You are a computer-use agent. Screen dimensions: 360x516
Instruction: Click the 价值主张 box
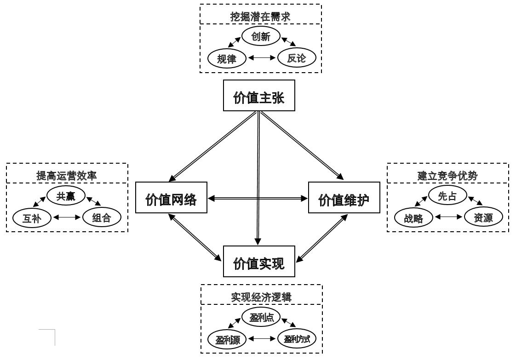[x=259, y=96]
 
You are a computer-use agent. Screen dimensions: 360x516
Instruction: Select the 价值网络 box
[x=171, y=198]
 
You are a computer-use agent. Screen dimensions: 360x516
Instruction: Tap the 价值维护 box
[x=344, y=198]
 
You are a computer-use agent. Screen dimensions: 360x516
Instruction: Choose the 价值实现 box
[x=259, y=261]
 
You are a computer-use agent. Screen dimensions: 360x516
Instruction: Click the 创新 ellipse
[x=261, y=36]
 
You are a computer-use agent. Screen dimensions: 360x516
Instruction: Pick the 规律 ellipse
[x=227, y=58]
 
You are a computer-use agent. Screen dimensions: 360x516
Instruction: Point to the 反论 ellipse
[x=297, y=58]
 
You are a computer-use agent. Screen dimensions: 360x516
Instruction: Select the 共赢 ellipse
[x=66, y=195]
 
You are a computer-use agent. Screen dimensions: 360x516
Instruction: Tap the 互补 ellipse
[x=32, y=218]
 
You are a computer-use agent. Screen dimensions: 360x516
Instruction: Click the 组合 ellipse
[x=102, y=217]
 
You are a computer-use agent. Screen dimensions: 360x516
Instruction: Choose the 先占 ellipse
[x=447, y=195]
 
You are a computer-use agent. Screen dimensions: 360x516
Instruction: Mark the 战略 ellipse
[x=414, y=218]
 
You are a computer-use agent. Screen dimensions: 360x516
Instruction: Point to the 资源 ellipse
[x=483, y=217]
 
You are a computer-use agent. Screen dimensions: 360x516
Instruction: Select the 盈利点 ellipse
[x=261, y=317]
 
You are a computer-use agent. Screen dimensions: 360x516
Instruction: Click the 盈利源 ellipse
[x=227, y=339]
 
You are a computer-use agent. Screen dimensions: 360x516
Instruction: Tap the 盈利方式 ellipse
[x=297, y=339]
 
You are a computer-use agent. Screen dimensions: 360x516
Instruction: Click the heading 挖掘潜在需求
[x=260, y=17]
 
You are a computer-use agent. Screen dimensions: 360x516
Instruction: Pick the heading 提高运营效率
[x=67, y=175]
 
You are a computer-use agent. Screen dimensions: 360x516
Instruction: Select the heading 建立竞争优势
[x=447, y=175]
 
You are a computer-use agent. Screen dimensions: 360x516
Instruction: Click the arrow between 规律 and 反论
[x=262, y=58]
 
